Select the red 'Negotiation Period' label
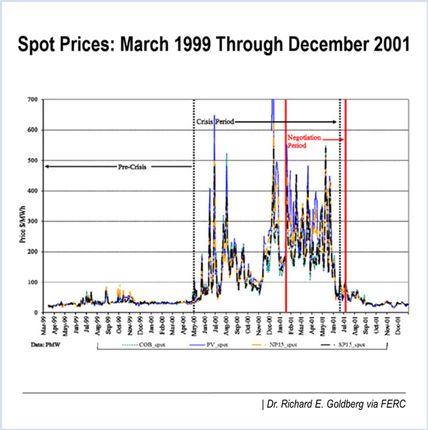pyautogui.click(x=305, y=140)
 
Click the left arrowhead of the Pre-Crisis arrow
pyautogui.click(x=46, y=166)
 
